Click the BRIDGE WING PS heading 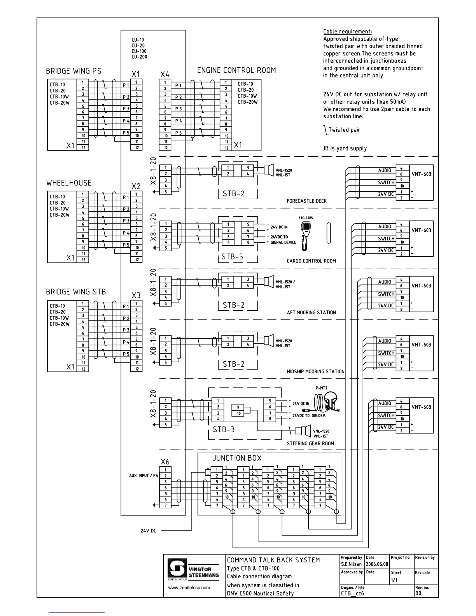73,71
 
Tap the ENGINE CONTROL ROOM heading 236,70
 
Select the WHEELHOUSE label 69,183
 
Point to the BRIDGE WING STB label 76,292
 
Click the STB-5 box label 232,257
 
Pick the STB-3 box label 224,430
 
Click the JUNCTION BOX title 237,458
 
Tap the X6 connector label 165,462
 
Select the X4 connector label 165,74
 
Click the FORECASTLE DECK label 306,201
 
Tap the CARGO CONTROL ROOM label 311,261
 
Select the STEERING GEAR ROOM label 310,443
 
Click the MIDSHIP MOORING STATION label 316,371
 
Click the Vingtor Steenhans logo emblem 177,569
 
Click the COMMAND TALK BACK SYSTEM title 273,560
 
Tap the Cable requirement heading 347,32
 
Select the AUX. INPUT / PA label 143,476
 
